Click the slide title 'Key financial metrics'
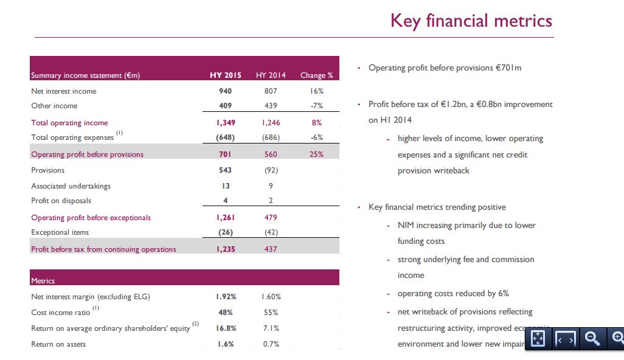pyautogui.click(x=471, y=21)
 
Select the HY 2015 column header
pyautogui.click(x=225, y=75)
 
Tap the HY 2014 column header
pyautogui.click(x=270, y=75)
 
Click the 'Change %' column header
pyautogui.click(x=316, y=75)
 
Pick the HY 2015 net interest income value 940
pyautogui.click(x=225, y=91)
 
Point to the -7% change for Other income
pyautogui.click(x=316, y=106)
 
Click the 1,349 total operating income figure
pyautogui.click(x=225, y=123)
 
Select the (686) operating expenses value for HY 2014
pyautogui.click(x=270, y=137)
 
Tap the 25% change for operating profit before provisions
pyautogui.click(x=316, y=154)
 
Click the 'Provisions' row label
pyautogui.click(x=47, y=170)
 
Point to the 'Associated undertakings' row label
pyautogui.click(x=71, y=186)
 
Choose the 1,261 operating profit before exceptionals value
pyautogui.click(x=225, y=218)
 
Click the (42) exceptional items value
pyautogui.click(x=270, y=232)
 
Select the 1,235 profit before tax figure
pyautogui.click(x=225, y=249)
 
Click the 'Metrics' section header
pyautogui.click(x=43, y=281)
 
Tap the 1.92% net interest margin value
pyautogui.click(x=225, y=297)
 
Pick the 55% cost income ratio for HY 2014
pyautogui.click(x=270, y=313)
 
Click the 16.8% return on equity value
pyautogui.click(x=225, y=328)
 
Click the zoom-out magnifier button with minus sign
pyautogui.click(x=591, y=339)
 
